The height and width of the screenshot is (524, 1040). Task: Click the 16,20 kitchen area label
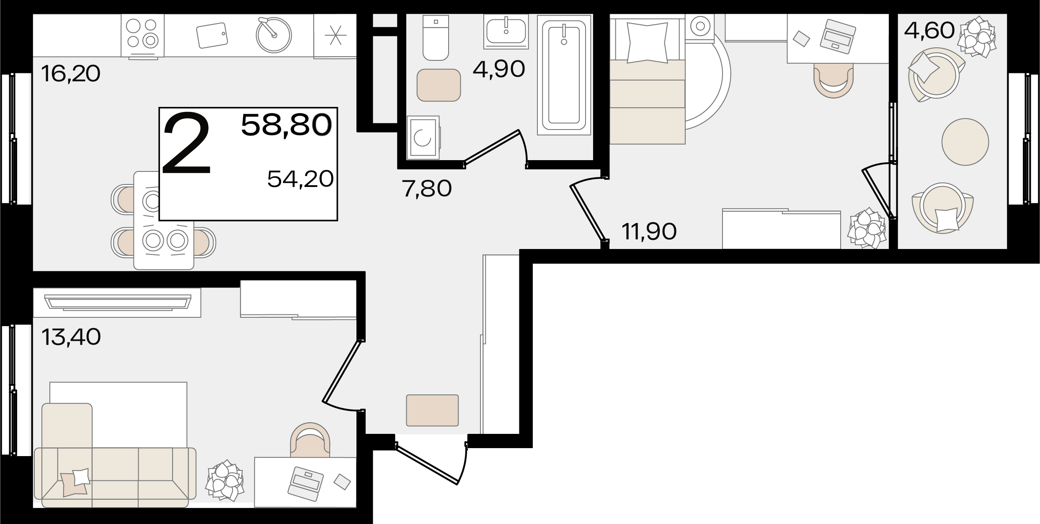tap(71, 74)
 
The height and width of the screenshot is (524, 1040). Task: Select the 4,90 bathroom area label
tap(499, 69)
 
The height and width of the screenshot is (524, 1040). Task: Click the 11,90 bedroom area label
tap(649, 231)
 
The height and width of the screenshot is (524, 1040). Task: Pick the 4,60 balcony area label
tap(929, 30)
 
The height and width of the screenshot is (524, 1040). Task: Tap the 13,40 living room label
tap(71, 337)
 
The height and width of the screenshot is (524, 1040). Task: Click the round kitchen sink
tap(274, 35)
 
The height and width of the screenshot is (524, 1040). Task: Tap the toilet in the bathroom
tap(436, 38)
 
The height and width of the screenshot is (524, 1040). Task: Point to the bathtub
tap(564, 75)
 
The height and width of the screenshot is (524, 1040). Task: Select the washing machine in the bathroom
tap(423, 137)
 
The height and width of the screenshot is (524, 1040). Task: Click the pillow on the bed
tap(647, 43)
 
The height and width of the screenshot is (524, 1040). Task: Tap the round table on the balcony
tap(965, 142)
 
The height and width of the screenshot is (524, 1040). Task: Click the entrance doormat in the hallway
tap(432, 410)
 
